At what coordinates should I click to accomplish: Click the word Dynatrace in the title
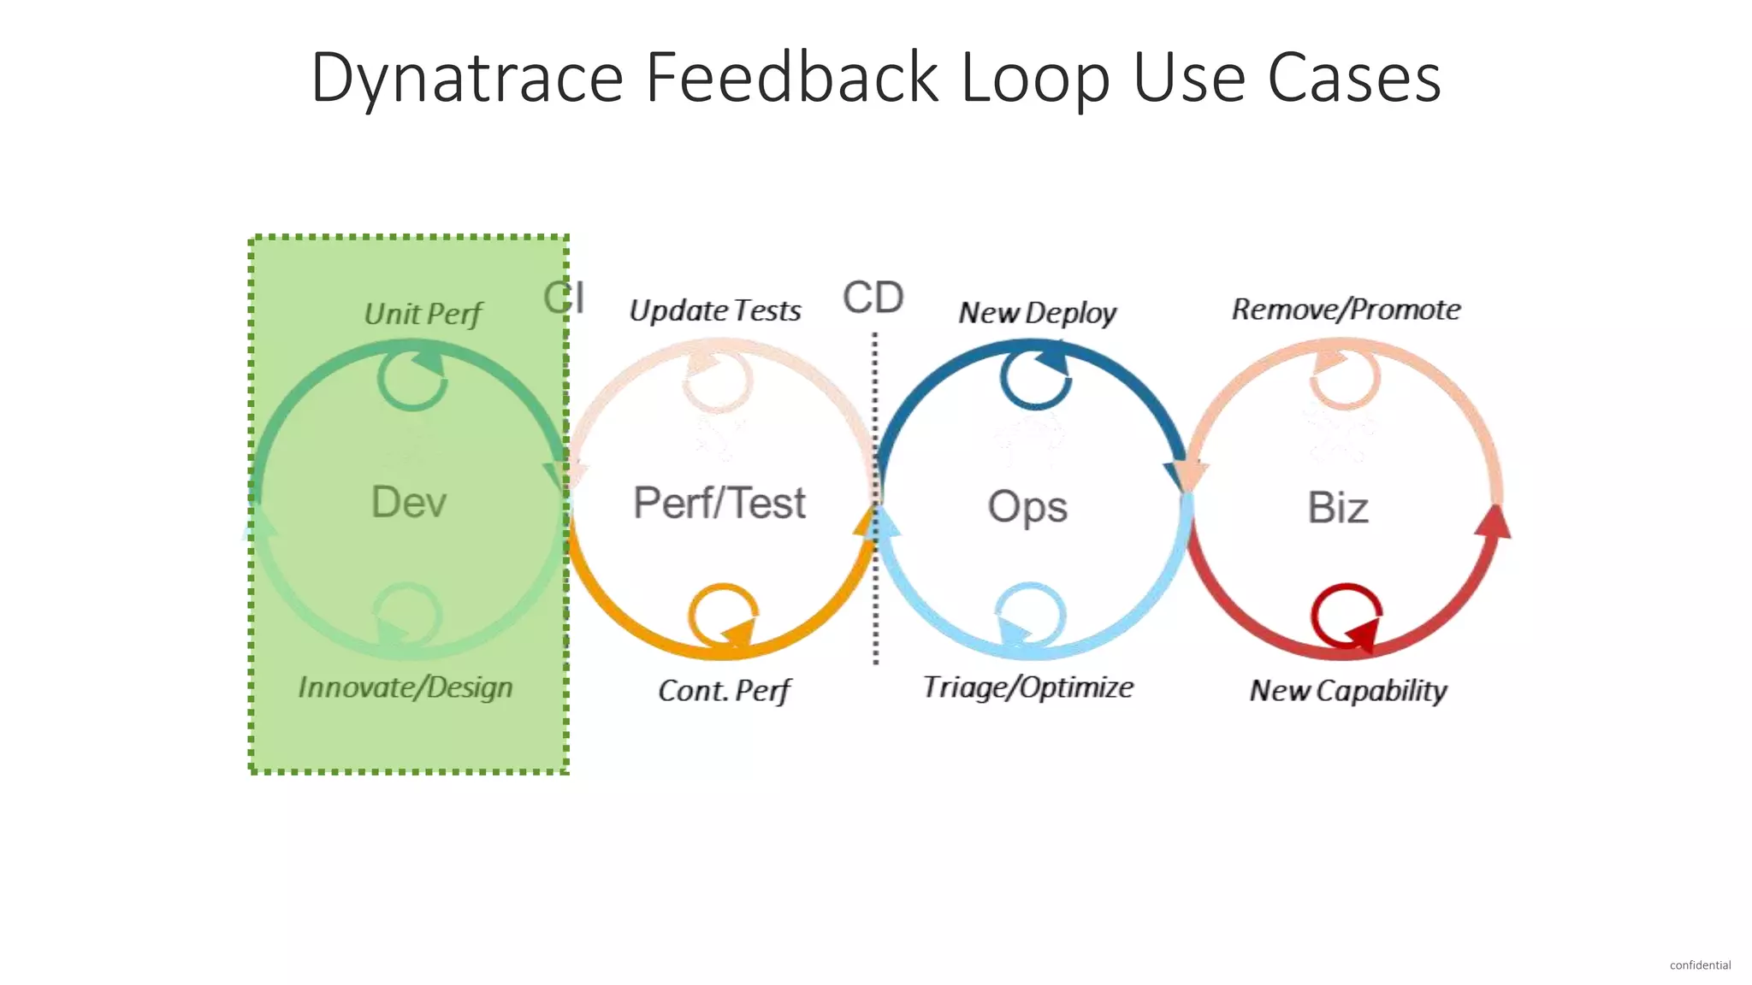pyautogui.click(x=466, y=79)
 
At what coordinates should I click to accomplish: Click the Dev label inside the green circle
pyautogui.click(x=409, y=502)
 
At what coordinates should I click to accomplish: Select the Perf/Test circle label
pyautogui.click(x=719, y=503)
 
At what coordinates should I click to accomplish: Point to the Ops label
pyautogui.click(x=1027, y=506)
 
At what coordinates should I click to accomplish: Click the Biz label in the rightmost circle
pyautogui.click(x=1338, y=508)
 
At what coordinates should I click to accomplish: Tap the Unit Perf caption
pyautogui.click(x=423, y=314)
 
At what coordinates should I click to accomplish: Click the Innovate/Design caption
pyautogui.click(x=405, y=687)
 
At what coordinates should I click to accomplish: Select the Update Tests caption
pyautogui.click(x=715, y=310)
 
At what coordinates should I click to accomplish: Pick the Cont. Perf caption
pyautogui.click(x=725, y=691)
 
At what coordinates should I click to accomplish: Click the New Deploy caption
pyautogui.click(x=1037, y=313)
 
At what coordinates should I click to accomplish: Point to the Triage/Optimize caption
pyautogui.click(x=1028, y=687)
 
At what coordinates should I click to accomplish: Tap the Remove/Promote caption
pyautogui.click(x=1346, y=310)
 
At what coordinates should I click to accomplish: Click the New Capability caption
pyautogui.click(x=1348, y=691)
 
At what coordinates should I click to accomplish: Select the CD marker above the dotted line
pyautogui.click(x=873, y=298)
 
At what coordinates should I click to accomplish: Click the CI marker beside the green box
pyautogui.click(x=565, y=298)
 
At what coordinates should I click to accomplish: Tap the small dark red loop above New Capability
pyautogui.click(x=1346, y=616)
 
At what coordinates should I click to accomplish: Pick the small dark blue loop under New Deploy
pyautogui.click(x=1035, y=376)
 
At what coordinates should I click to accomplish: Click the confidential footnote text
pyautogui.click(x=1700, y=965)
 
